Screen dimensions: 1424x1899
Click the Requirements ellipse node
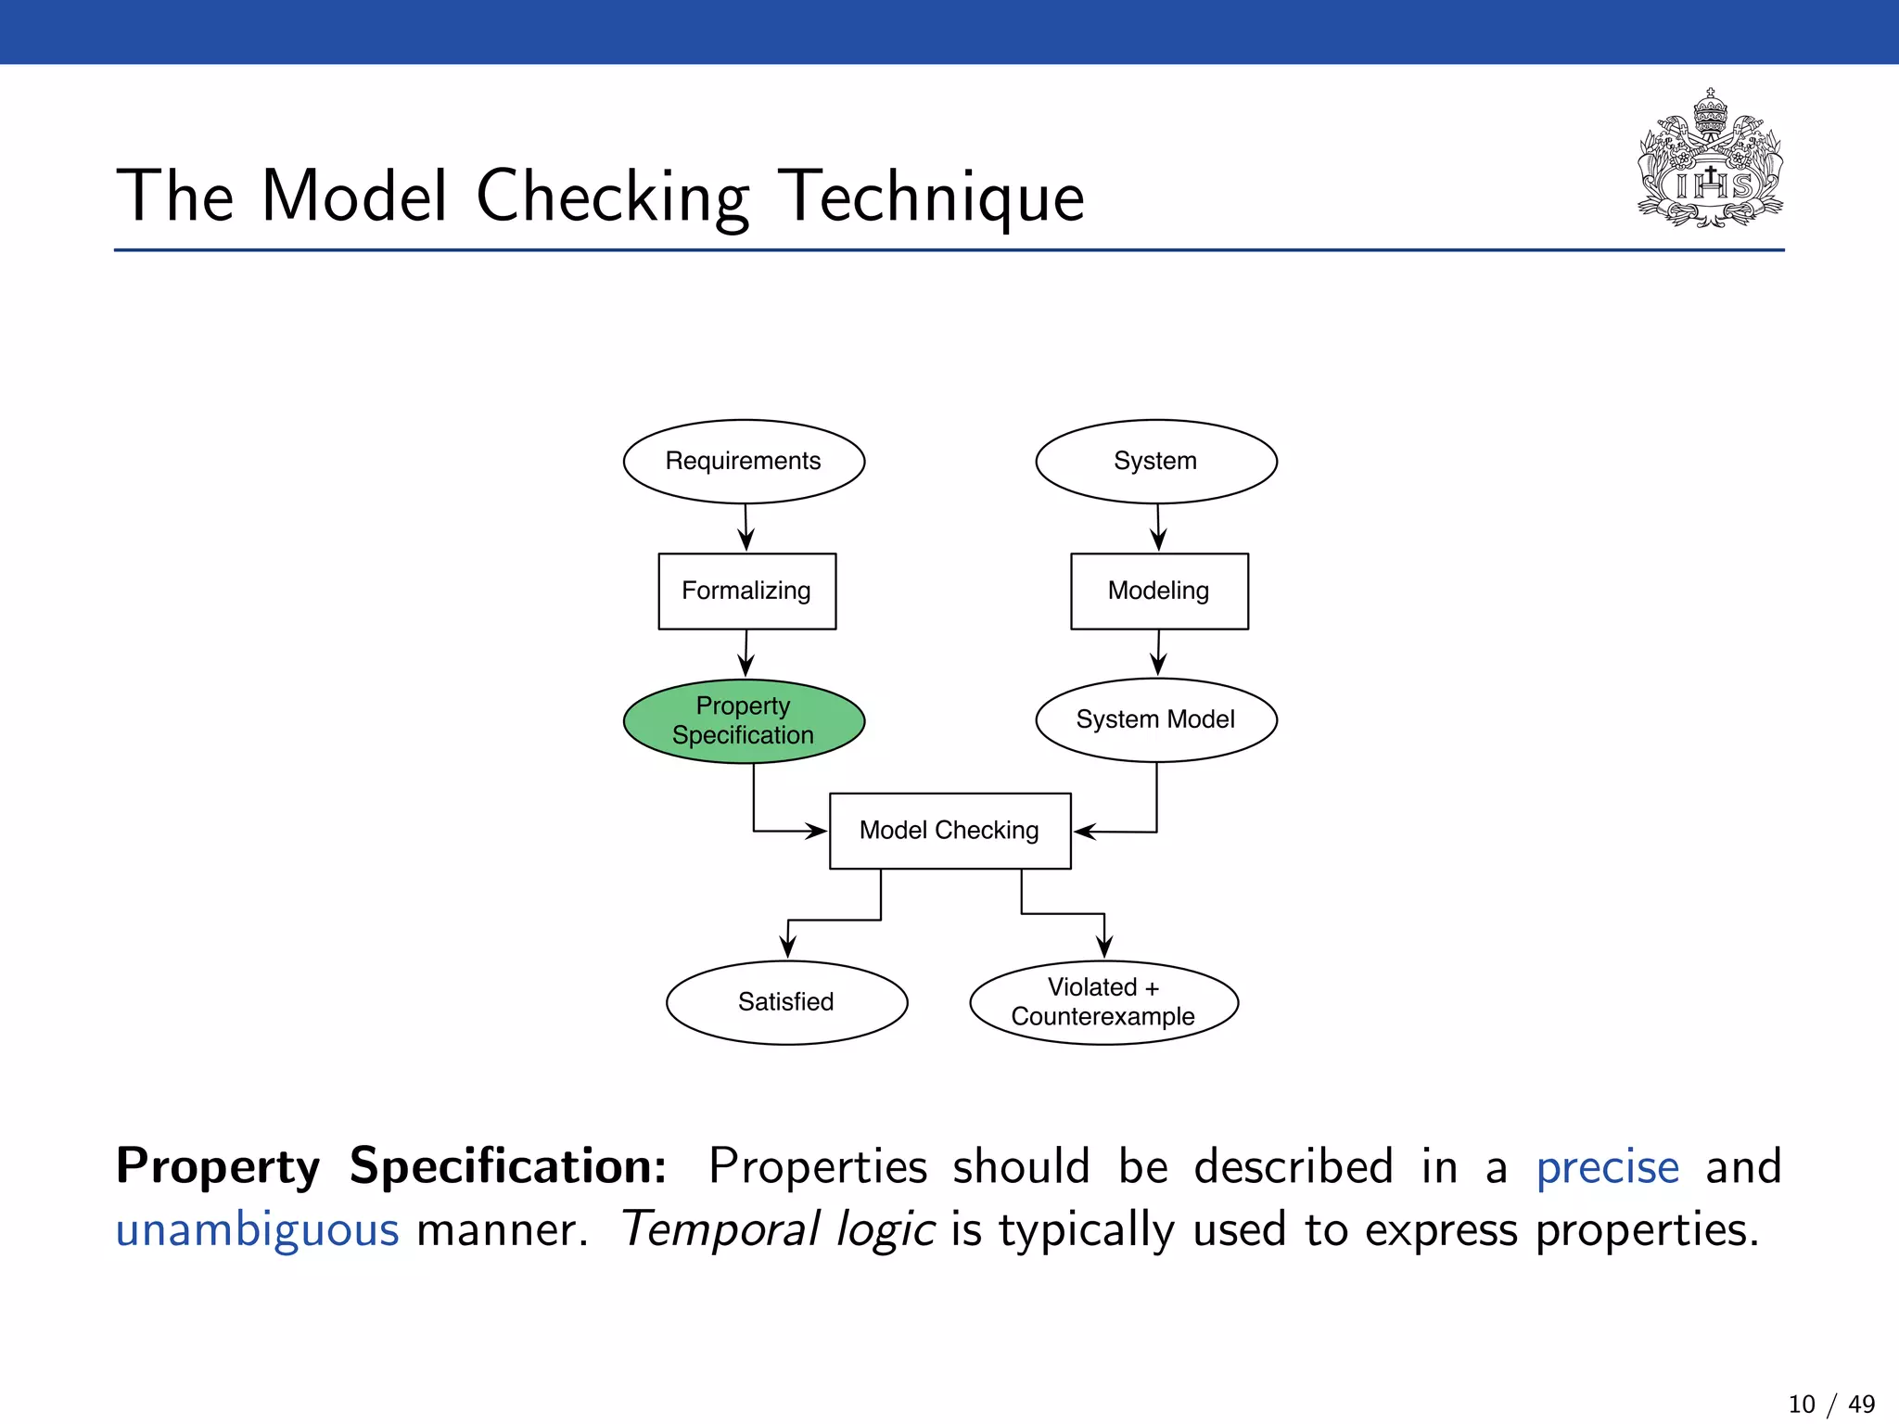(x=744, y=462)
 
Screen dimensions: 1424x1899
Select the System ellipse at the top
(x=1155, y=462)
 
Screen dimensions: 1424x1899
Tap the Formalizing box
(x=746, y=591)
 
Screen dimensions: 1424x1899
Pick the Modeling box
(x=1159, y=591)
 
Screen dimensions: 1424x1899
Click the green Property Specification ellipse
(x=744, y=721)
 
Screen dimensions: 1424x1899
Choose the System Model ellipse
(x=1155, y=720)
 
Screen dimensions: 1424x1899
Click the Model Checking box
(x=949, y=831)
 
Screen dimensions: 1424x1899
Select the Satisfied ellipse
(x=786, y=1002)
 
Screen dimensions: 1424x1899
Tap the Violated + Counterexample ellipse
(x=1103, y=1002)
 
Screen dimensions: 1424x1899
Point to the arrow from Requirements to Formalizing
(x=746, y=528)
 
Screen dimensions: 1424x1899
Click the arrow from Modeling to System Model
(x=1158, y=653)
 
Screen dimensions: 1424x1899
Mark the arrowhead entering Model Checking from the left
(x=816, y=831)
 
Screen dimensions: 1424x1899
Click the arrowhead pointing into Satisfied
(x=787, y=947)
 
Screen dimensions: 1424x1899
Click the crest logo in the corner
(x=1710, y=159)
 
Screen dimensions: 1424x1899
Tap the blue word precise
(x=1607, y=1167)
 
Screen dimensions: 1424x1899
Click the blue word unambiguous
(x=257, y=1230)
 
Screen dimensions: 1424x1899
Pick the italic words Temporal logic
(x=777, y=1230)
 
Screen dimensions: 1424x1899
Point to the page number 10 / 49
(x=1830, y=1404)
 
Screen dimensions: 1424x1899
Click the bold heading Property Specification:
(x=390, y=1167)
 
